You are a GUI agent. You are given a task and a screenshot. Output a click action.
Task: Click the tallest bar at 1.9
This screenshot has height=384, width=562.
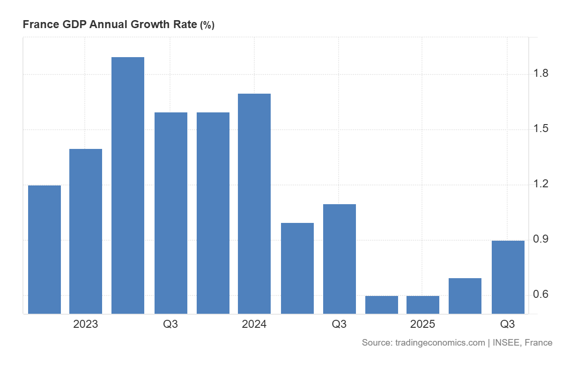pos(128,185)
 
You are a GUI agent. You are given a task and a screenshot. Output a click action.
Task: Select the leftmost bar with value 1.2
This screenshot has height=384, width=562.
pos(44,249)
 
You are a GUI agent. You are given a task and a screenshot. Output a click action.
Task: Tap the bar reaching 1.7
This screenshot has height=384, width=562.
pos(254,203)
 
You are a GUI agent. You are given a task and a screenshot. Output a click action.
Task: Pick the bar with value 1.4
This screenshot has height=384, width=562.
pos(86,231)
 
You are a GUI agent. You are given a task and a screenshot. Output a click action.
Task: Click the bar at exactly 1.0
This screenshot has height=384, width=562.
pos(297,268)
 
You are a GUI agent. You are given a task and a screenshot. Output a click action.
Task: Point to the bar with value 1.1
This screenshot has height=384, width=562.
pos(340,258)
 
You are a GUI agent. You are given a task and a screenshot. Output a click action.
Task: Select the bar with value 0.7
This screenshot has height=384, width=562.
pos(465,295)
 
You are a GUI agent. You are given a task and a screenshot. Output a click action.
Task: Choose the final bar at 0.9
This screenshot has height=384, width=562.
pos(508,277)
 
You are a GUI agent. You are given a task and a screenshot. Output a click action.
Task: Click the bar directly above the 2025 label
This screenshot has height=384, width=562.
pos(423,304)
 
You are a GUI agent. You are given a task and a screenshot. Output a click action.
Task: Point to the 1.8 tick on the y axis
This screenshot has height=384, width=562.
pos(541,74)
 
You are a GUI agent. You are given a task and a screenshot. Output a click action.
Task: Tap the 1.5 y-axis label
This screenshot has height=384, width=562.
pos(541,129)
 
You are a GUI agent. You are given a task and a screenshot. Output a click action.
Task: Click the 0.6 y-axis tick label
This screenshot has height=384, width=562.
pos(541,295)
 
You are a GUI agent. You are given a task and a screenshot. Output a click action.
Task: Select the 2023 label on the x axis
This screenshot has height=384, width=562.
pos(86,324)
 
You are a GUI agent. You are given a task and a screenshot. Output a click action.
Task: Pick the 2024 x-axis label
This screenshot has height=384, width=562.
pos(254,324)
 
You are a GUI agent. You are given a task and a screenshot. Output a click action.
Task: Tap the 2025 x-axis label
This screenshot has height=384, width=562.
pos(423,324)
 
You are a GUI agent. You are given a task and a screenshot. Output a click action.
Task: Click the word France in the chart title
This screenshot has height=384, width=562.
pos(41,25)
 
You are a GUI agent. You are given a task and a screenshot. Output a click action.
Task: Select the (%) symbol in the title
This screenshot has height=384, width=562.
pos(207,25)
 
